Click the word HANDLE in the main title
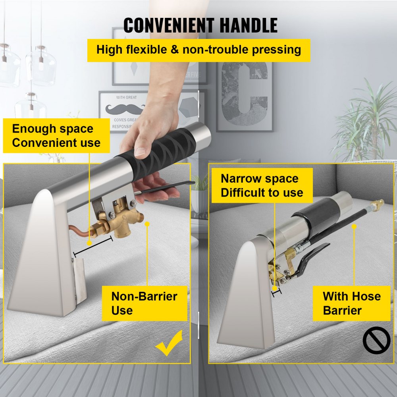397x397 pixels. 245,25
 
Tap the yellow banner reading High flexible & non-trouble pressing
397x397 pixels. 198,50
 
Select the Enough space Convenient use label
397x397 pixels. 56,136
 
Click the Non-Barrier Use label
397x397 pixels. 144,303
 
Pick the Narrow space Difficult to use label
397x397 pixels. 262,185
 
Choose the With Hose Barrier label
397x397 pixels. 351,303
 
